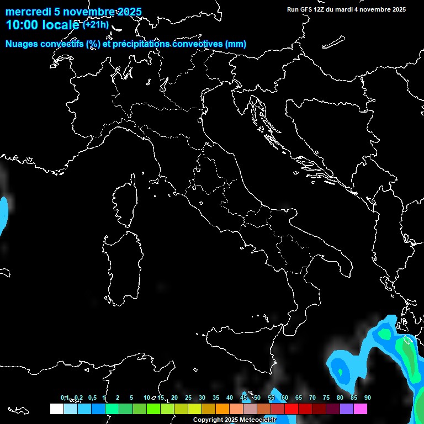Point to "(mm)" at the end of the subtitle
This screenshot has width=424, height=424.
(x=236, y=44)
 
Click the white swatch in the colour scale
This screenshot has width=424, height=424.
(x=56, y=409)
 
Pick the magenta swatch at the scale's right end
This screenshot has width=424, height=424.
(x=361, y=409)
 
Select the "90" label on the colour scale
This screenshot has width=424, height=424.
(x=367, y=398)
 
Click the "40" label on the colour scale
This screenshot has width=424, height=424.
(x=229, y=398)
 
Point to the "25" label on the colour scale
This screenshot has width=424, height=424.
(x=188, y=398)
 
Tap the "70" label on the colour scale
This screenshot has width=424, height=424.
(x=312, y=398)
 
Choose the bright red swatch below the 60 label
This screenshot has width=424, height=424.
(x=291, y=409)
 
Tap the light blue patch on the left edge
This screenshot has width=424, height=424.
(x=4, y=213)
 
